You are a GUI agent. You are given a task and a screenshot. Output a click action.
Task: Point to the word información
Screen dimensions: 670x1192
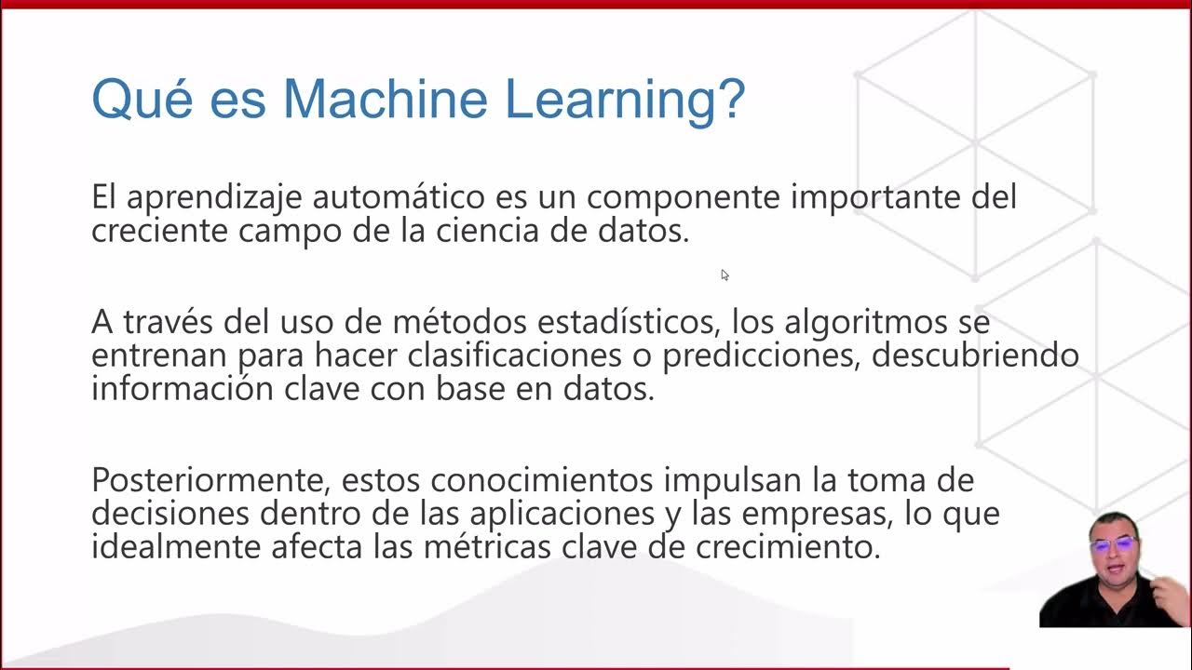pos(172,388)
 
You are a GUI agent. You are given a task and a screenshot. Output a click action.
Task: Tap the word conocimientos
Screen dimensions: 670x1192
pos(543,481)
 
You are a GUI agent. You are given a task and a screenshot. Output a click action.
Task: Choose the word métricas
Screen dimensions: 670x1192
pos(483,546)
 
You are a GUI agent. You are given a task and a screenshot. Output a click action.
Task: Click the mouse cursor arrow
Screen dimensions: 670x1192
pos(725,275)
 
